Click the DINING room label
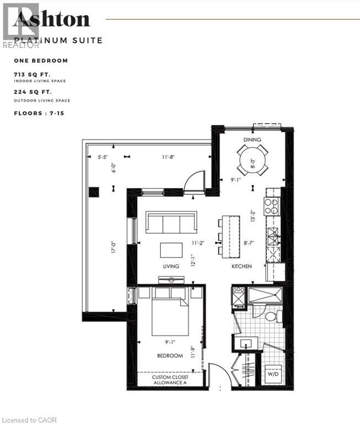pos(252,140)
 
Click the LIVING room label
pos(171,266)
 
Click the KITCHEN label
pos(242,266)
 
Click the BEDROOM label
pos(170,356)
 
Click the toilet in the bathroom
pos(271,316)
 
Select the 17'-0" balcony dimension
pos(113,245)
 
